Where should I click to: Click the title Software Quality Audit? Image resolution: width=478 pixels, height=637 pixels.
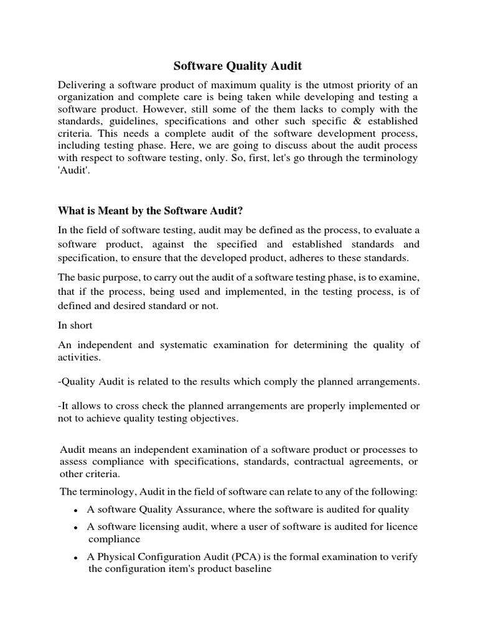point(238,65)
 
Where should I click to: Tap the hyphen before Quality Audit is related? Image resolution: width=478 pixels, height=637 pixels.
point(60,381)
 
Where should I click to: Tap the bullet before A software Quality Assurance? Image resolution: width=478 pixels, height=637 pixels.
point(75,511)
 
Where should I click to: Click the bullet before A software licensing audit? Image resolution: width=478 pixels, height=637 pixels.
point(75,528)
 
